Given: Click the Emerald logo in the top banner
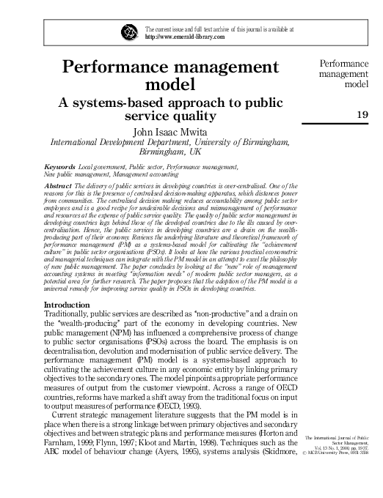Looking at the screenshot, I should click(130, 32).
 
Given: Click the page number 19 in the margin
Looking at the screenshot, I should click(362, 114).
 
